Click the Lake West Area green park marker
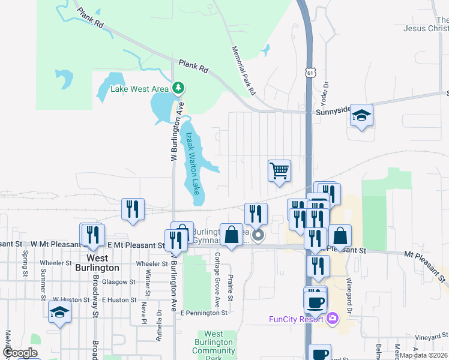pyautogui.click(x=178, y=89)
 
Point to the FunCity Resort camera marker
pyautogui.click(x=332, y=318)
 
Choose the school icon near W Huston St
pyautogui.click(x=60, y=312)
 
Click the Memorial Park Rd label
pyautogui.click(x=244, y=71)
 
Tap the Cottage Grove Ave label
pyautogui.click(x=217, y=278)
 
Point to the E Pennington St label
pyautogui.click(x=204, y=313)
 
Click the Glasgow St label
pyautogui.click(x=118, y=281)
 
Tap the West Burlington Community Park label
pyautogui.click(x=214, y=346)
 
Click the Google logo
pyautogui.click(x=20, y=353)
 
